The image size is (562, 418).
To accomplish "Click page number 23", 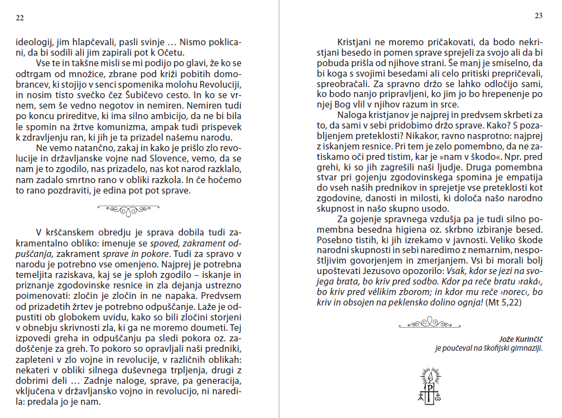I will click(539, 15).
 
